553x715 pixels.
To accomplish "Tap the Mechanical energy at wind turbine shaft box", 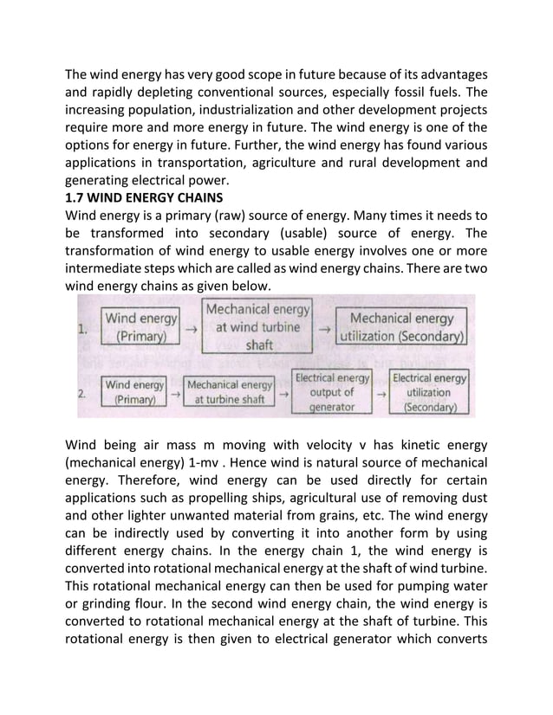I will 257,326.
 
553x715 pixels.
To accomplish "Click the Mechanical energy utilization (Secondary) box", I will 402,326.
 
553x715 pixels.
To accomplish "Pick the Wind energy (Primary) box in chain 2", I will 136,391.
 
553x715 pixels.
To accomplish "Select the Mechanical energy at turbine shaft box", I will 230,391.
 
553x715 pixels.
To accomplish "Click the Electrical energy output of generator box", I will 332,391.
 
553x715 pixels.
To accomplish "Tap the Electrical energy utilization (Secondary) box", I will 429,391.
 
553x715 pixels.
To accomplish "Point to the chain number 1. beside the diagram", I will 84,329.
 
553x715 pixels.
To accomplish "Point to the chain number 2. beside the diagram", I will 81,394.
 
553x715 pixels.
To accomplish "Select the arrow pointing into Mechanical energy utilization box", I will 324,328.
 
